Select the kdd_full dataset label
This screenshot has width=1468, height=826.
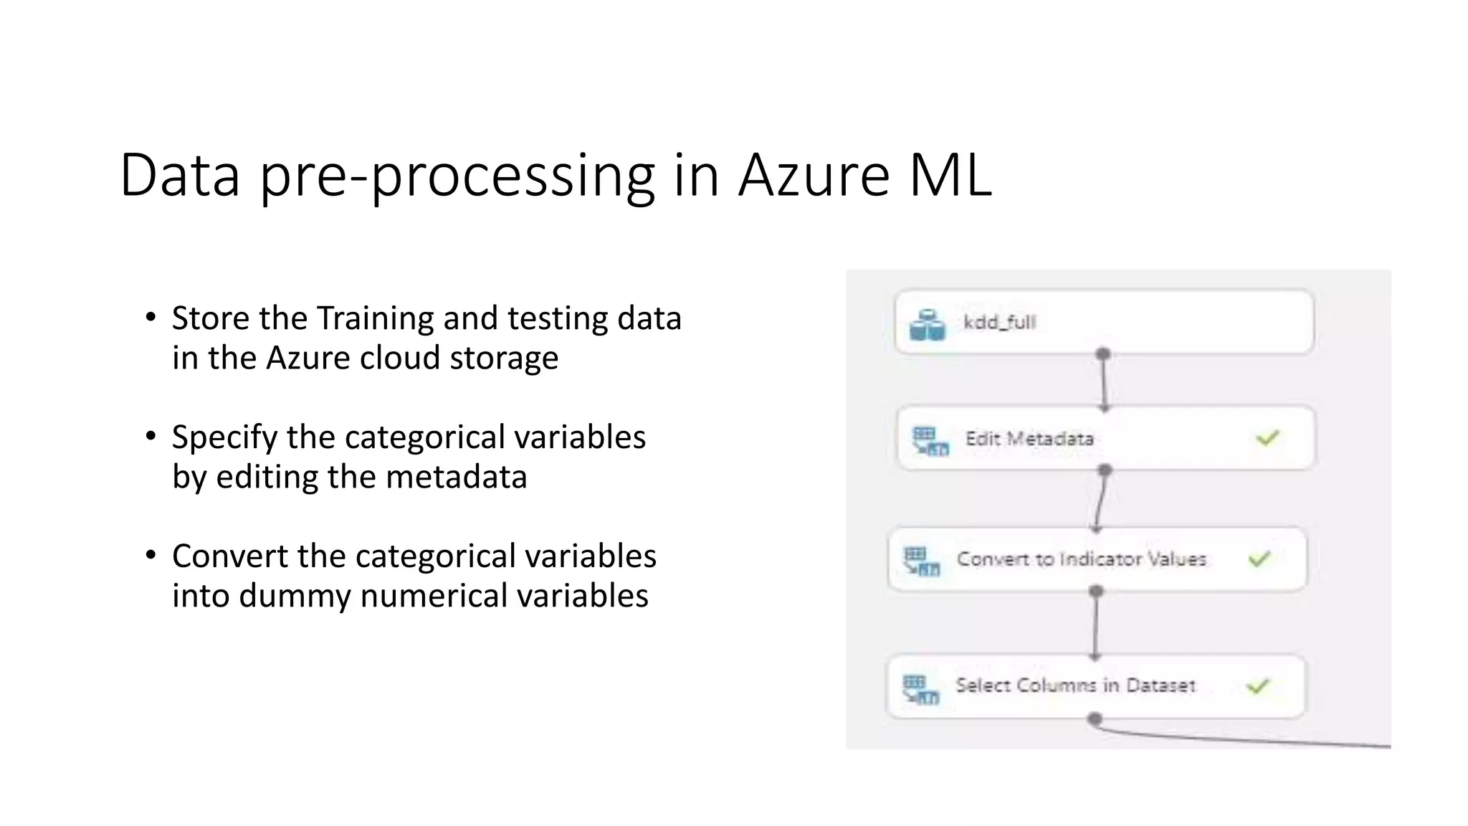coord(999,322)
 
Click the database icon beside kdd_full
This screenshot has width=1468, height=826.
coord(927,325)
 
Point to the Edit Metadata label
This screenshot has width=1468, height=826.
coord(1029,438)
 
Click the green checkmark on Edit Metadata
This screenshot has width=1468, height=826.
coord(1267,437)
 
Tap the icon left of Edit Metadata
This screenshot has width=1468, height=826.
coord(930,441)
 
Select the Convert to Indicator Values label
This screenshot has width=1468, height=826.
coord(1081,559)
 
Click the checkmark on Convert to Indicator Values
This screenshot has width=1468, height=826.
coord(1259,559)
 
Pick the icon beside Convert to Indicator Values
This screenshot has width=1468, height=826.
coord(921,561)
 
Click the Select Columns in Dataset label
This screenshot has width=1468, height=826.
coord(1075,685)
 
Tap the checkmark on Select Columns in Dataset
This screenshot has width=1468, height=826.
coord(1258,687)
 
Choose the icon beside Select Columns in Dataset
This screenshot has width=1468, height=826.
coord(920,689)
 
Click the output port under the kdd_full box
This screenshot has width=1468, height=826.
coord(1103,354)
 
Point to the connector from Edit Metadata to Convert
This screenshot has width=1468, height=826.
coord(1100,500)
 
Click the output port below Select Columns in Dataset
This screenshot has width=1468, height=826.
coord(1095,718)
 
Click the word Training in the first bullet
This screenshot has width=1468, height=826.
coord(375,318)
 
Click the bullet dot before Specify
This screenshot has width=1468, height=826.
coord(151,436)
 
